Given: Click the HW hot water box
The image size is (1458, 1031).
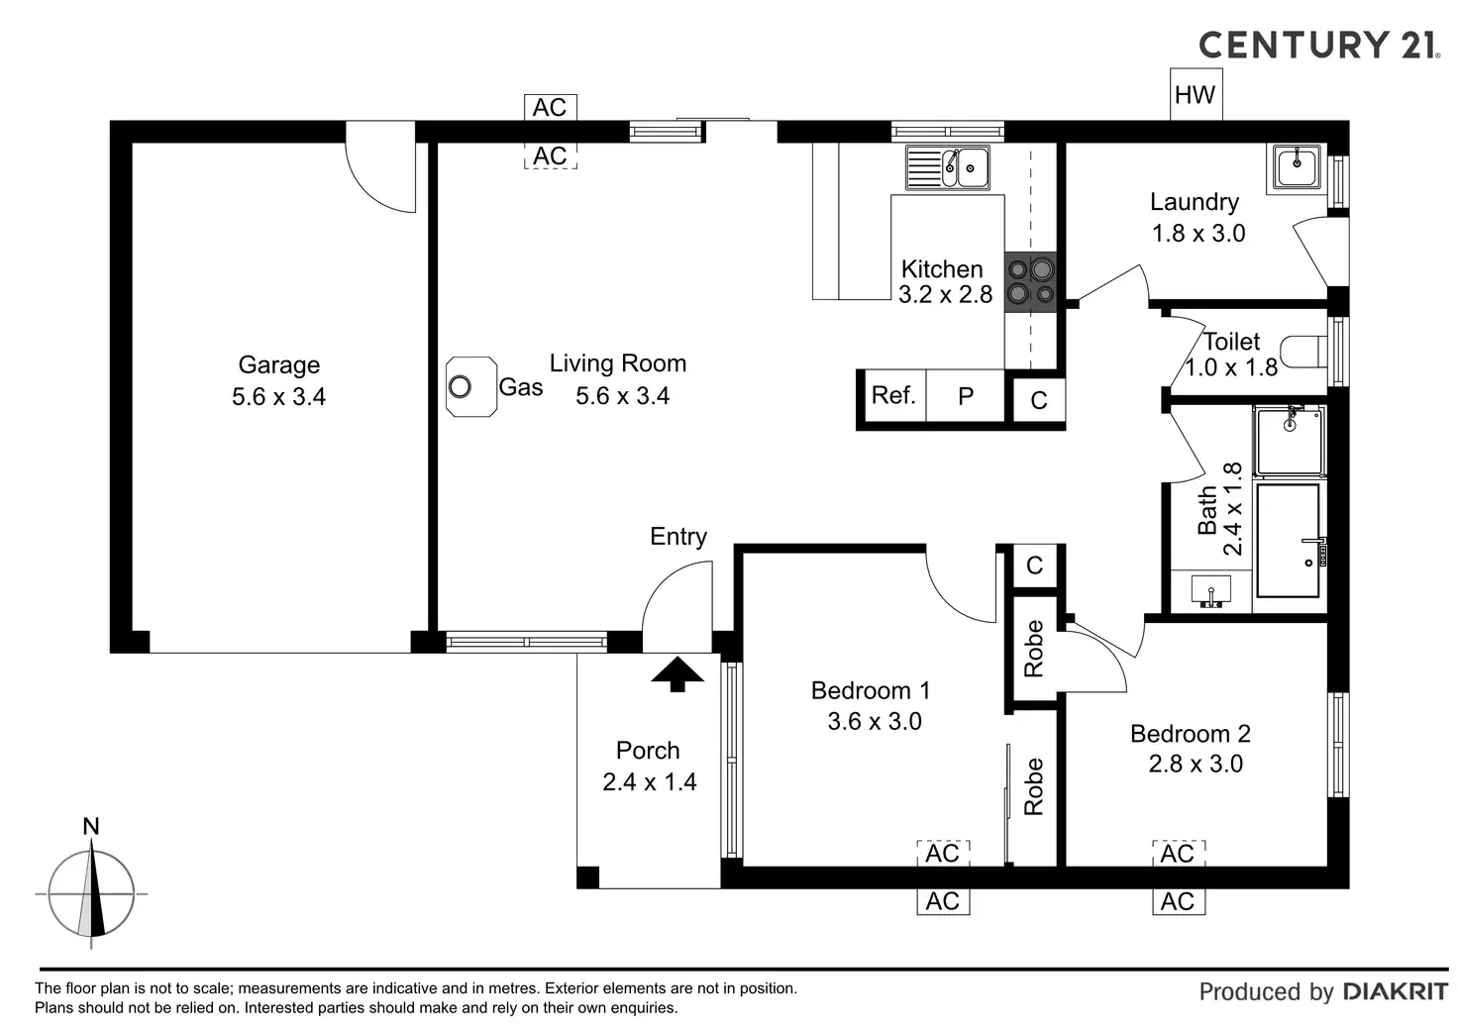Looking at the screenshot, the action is click(x=1197, y=94).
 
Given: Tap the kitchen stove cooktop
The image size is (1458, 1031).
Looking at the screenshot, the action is click(x=1030, y=282).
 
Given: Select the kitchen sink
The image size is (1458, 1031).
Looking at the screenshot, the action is click(x=948, y=167).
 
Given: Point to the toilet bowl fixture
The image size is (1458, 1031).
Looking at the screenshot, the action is click(x=1303, y=353).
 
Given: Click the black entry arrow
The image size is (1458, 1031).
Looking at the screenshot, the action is click(x=677, y=674).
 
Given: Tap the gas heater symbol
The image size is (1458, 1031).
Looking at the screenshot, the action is click(x=471, y=386).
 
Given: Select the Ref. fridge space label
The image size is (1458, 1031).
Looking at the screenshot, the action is click(x=893, y=394).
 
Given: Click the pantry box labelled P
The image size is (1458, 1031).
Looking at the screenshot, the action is click(x=966, y=395).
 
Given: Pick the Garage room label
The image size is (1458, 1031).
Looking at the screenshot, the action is click(x=279, y=364).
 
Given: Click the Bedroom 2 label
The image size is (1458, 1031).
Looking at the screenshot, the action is click(x=1191, y=734).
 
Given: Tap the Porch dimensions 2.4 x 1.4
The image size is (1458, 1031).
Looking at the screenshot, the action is click(x=650, y=781).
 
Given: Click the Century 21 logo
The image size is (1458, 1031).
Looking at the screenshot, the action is click(x=1319, y=45).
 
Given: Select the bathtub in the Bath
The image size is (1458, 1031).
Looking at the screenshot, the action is click(x=1288, y=540).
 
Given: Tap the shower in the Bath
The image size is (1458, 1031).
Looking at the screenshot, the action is click(x=1290, y=441).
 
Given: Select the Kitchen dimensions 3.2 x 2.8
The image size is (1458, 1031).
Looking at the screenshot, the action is click(x=945, y=295).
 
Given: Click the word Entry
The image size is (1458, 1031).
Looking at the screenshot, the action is click(x=678, y=537).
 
